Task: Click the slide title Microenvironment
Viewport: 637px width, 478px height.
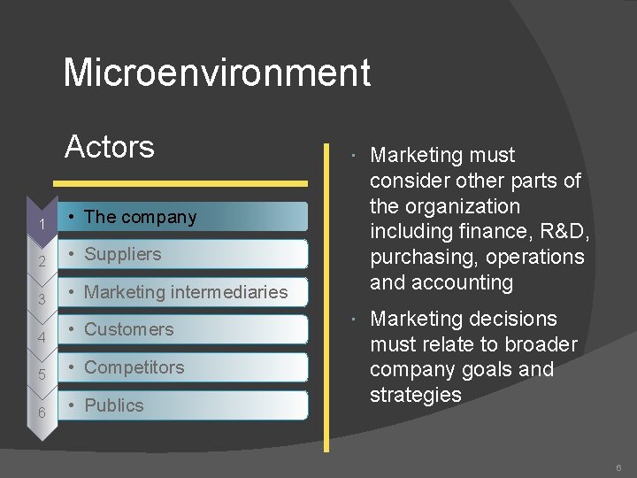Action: click(217, 73)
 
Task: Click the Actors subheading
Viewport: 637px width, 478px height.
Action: click(110, 146)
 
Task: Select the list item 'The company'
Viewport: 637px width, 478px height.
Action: click(141, 217)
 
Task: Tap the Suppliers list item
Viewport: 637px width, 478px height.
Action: click(123, 254)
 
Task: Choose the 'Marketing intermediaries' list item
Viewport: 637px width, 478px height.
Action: click(186, 292)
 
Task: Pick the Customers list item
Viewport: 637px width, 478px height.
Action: click(129, 329)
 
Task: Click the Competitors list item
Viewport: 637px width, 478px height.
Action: click(134, 367)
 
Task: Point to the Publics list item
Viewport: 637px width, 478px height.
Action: click(114, 405)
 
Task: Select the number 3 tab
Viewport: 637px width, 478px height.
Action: click(41, 300)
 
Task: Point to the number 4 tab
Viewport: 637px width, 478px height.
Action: click(41, 338)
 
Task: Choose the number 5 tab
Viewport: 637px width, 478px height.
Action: click(41, 375)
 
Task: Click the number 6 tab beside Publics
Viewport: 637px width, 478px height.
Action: click(41, 413)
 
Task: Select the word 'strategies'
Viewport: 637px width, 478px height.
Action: click(416, 396)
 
